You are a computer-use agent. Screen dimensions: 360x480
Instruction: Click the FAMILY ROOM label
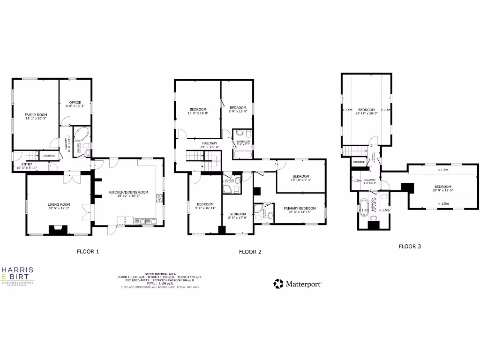tap(36, 114)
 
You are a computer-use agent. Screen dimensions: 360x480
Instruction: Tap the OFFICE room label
tap(75, 102)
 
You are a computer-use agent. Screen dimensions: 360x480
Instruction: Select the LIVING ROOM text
tap(59, 204)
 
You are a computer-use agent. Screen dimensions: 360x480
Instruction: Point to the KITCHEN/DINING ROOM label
tap(128, 192)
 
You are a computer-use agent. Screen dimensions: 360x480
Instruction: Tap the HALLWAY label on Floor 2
tap(210, 143)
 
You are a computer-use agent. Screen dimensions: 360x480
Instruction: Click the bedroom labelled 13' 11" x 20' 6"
tap(366, 110)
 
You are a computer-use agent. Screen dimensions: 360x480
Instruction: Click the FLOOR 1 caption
tap(88, 251)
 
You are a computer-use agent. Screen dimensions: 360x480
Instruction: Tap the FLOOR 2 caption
tap(250, 252)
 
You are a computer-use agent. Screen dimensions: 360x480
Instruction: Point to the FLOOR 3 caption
tap(410, 246)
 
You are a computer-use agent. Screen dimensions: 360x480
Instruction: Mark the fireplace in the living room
tap(58, 230)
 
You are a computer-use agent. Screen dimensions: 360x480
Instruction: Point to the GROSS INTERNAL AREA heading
tap(160, 274)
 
